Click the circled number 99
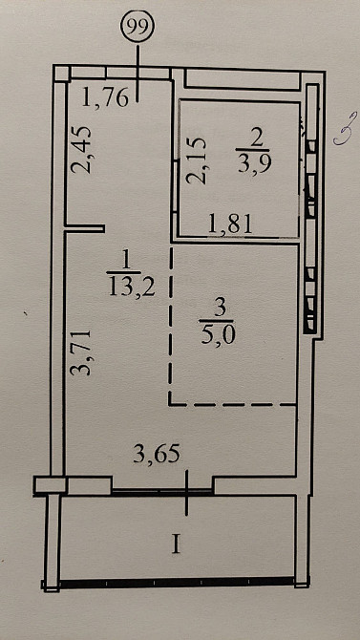click(138, 27)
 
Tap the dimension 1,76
click(105, 97)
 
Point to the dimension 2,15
click(197, 160)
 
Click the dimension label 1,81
click(230, 224)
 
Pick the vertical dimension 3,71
click(82, 352)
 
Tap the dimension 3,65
click(157, 454)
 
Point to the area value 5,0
click(217, 335)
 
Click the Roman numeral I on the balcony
click(176, 544)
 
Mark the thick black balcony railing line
click(177, 582)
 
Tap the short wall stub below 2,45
click(84, 228)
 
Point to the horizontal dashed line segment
click(233, 404)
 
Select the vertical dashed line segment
click(171, 324)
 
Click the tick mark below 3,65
click(187, 492)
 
